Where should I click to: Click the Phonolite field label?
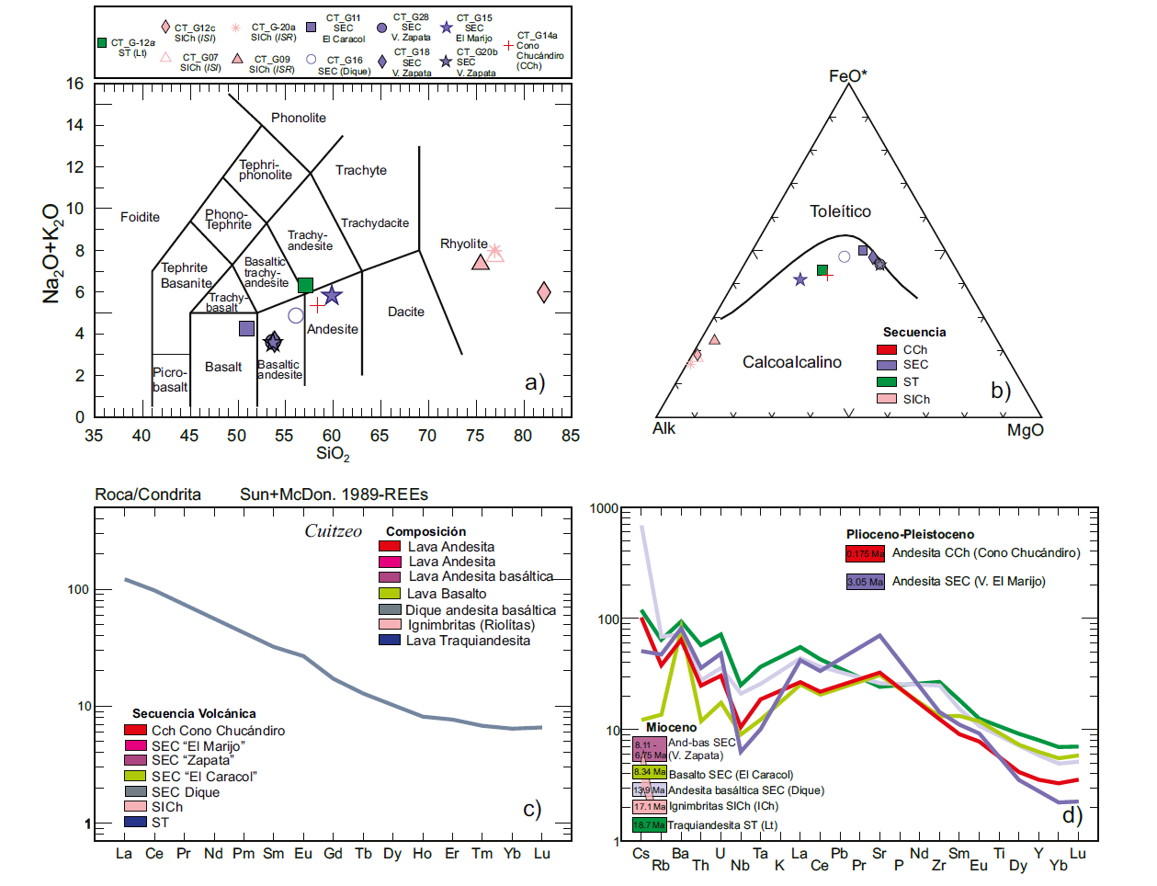[x=299, y=118]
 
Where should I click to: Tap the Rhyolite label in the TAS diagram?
[x=464, y=244]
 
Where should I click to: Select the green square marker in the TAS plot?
[x=306, y=285]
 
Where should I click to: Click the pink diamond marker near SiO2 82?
[x=544, y=292]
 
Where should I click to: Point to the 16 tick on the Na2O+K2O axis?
[x=74, y=84]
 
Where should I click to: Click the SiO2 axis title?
[x=333, y=453]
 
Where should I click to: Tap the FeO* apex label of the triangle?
[x=848, y=76]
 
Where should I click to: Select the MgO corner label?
[x=1026, y=429]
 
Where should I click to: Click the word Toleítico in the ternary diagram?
[x=840, y=211]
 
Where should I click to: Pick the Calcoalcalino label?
[x=792, y=362]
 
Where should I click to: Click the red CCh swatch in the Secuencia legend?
[x=887, y=349]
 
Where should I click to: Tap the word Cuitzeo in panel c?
[x=333, y=531]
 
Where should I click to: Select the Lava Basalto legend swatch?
[x=390, y=593]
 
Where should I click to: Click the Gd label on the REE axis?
[x=333, y=853]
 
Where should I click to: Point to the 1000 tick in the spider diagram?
[x=604, y=508]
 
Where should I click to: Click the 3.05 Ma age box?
[x=865, y=582]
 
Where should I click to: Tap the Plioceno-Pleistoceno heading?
[x=910, y=534]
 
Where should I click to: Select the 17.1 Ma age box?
[x=649, y=806]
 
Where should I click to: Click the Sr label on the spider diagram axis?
[x=879, y=853]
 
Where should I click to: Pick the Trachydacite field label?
[x=375, y=223]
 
